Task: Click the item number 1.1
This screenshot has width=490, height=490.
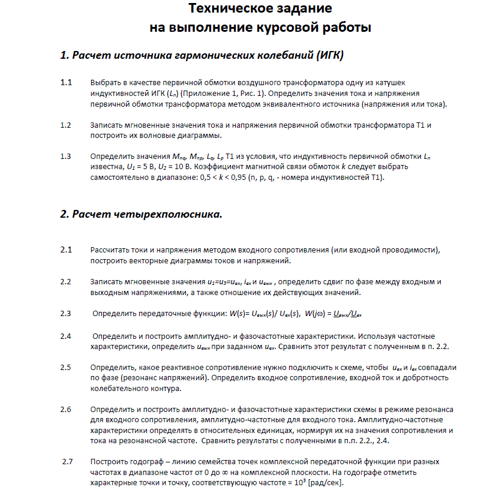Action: coord(66,82)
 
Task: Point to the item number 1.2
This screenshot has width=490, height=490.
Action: coord(66,125)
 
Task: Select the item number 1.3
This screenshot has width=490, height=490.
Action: coord(66,157)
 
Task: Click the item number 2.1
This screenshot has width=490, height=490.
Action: coord(66,249)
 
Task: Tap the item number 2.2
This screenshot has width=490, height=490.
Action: coord(66,281)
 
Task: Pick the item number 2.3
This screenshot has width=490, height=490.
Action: coord(66,313)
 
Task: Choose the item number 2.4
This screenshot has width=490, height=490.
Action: coord(66,336)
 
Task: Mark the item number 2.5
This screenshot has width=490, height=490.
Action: coord(66,367)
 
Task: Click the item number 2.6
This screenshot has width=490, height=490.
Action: coord(66,409)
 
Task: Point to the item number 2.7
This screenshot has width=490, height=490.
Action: coord(67,462)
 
